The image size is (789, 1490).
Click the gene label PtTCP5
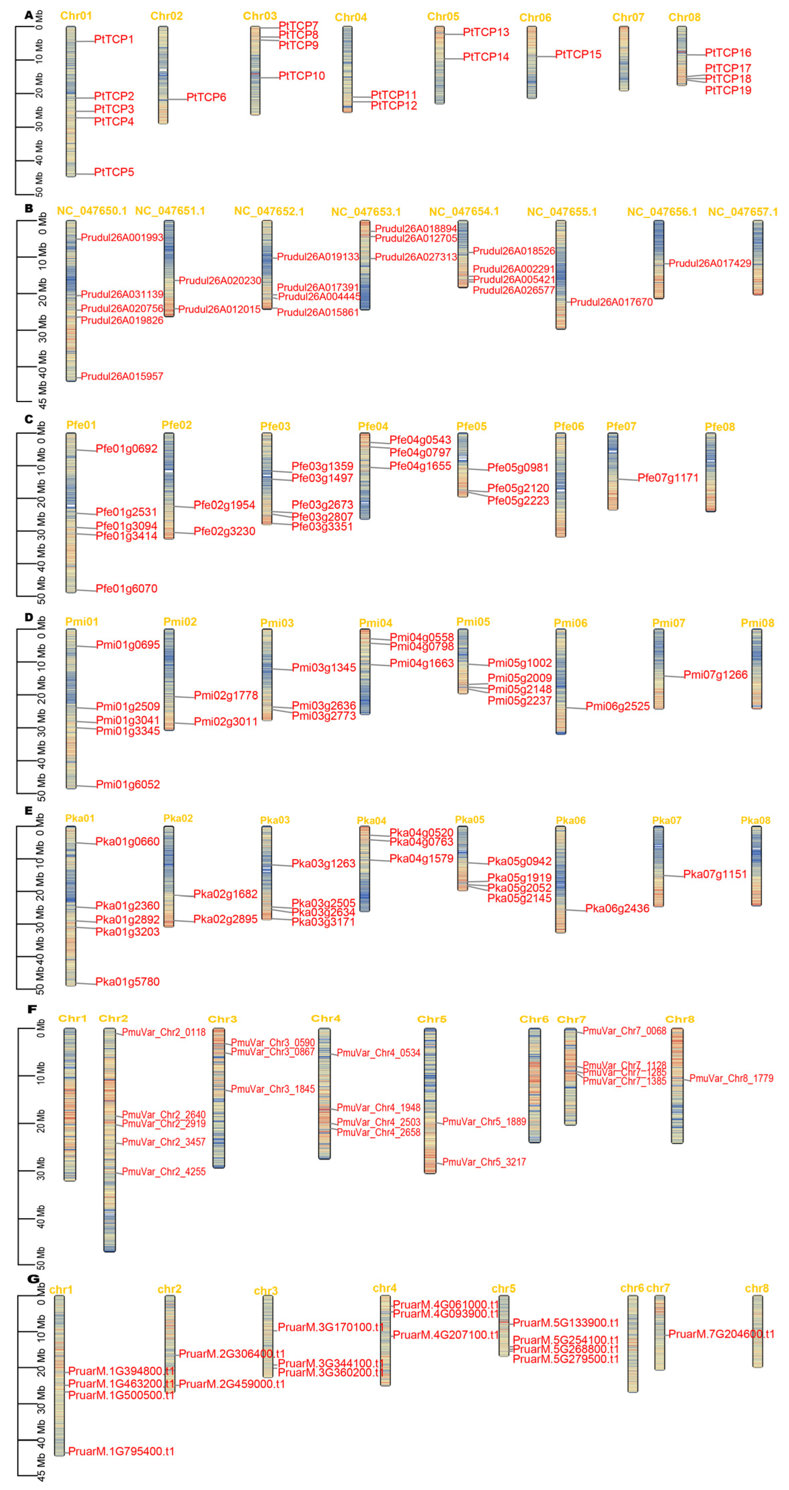tap(114, 172)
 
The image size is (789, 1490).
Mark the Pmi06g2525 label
tap(617, 706)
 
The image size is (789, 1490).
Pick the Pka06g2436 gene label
tap(617, 908)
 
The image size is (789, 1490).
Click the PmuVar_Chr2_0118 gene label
tap(164, 1032)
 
